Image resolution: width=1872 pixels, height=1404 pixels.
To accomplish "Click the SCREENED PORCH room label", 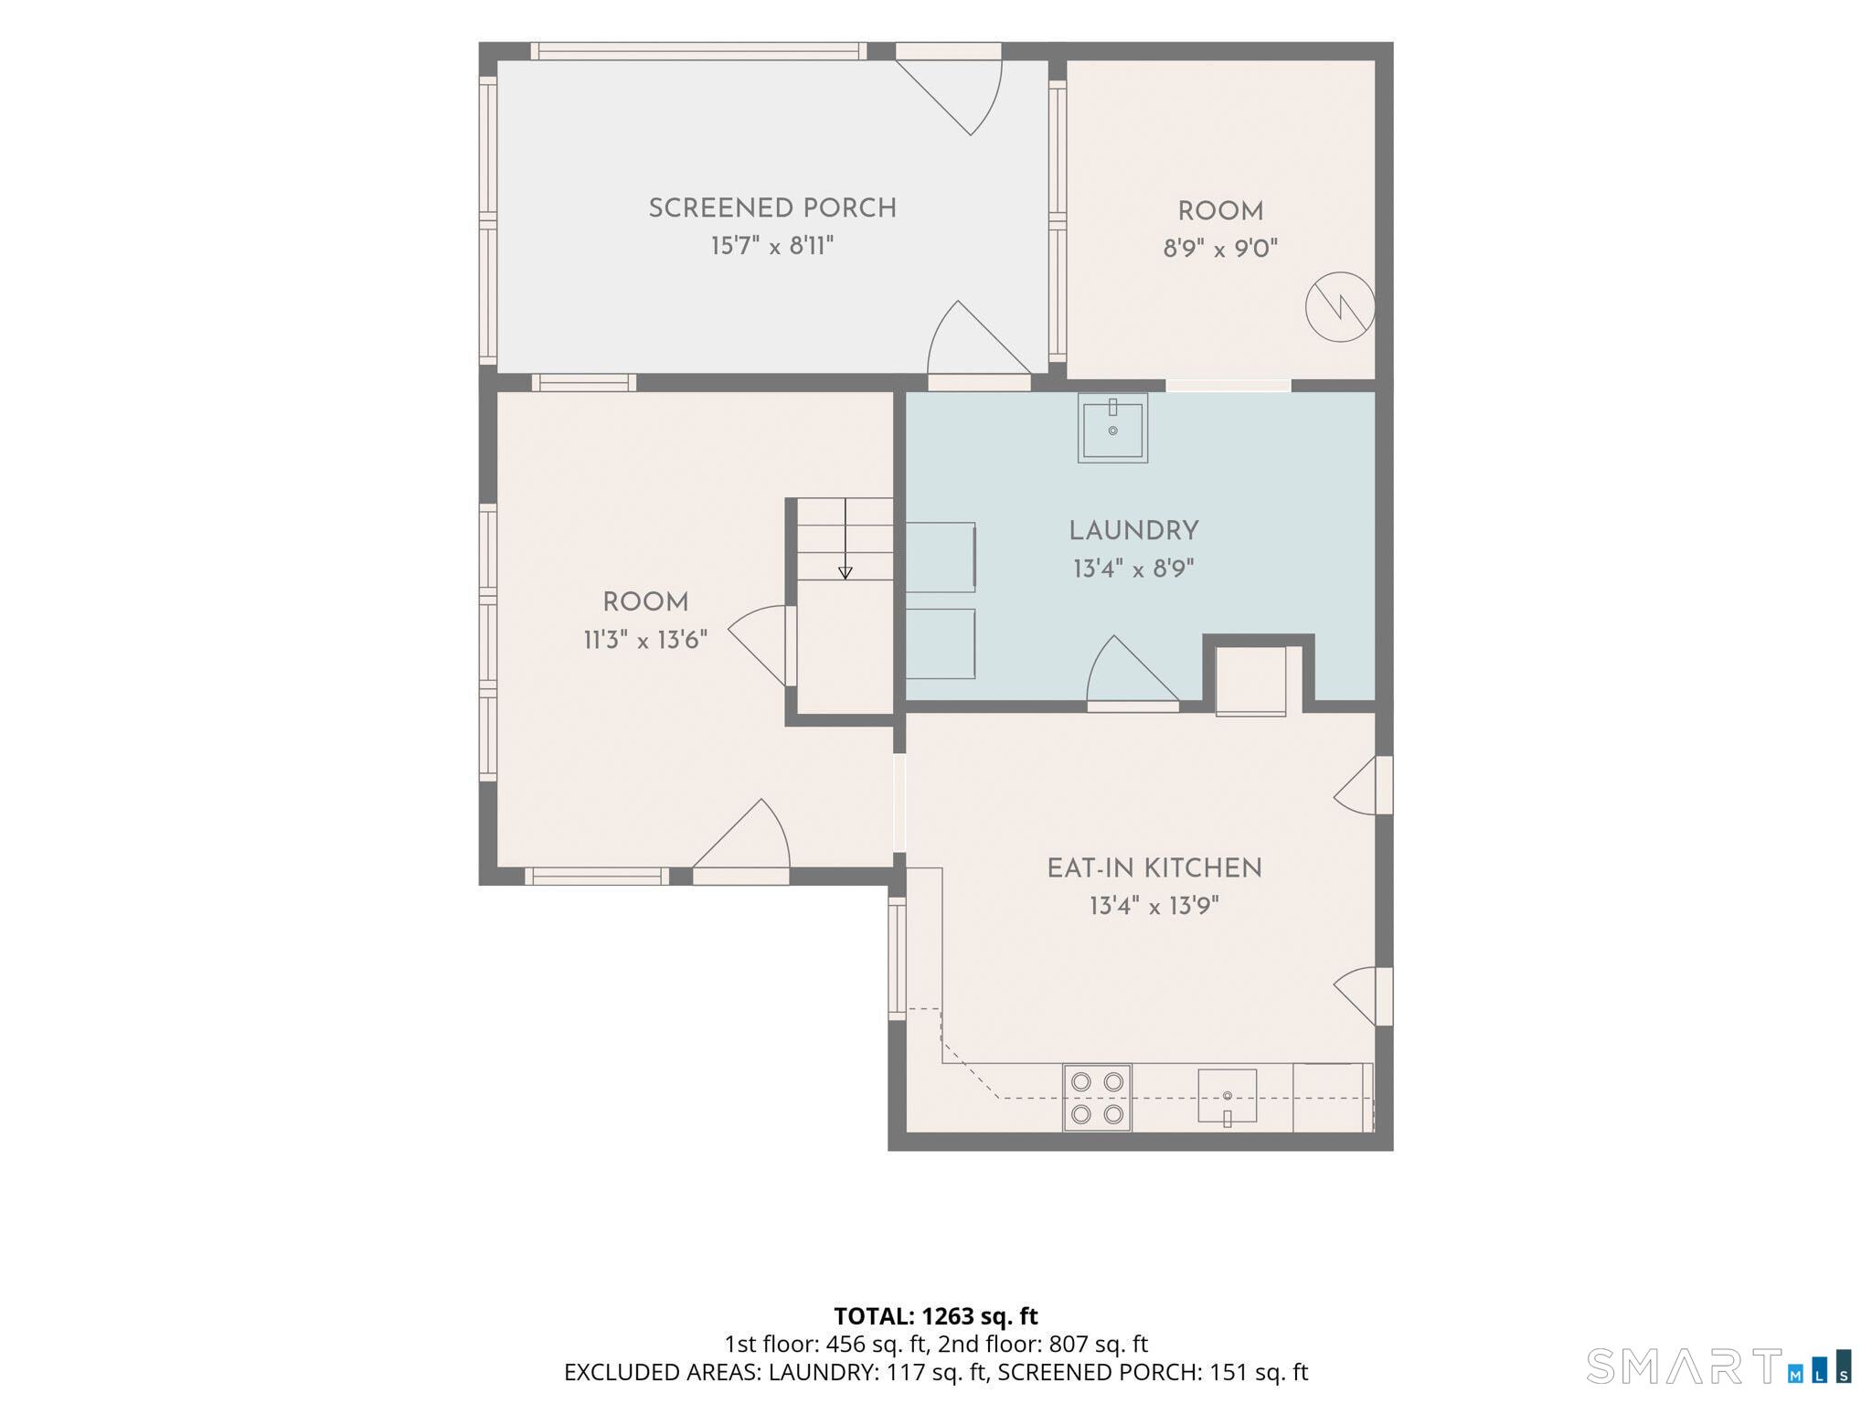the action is pos(772,208).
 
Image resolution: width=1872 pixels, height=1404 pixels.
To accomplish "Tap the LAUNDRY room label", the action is pos(1133,531).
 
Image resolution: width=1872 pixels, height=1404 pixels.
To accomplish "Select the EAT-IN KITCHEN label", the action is pos(1154,868).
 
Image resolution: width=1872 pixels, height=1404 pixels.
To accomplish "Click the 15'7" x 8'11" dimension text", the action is pos(772,246).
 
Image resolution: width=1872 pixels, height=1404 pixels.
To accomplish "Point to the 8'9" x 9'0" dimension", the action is pos(1220,249).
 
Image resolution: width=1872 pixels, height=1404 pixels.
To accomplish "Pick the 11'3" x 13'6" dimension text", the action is pos(645,640).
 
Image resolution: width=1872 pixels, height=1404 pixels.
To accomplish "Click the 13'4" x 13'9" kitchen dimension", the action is pos(1154,907).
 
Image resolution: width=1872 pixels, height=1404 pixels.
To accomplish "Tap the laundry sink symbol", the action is pos(1112,428).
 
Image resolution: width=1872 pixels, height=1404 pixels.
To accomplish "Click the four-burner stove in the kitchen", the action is pos(1097,1098).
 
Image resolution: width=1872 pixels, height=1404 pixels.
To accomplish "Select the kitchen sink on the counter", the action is pos(1227,1096).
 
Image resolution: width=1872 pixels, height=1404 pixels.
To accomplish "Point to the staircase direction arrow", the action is pos(846,539).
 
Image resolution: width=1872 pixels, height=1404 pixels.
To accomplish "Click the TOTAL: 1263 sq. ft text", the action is pos(936,1316).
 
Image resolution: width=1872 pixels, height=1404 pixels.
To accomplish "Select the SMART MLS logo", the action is pos(1719,1366).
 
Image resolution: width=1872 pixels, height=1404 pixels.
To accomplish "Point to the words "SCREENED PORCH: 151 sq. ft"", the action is pos(1153,1373).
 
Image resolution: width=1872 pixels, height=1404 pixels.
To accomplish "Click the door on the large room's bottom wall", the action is pos(741,842).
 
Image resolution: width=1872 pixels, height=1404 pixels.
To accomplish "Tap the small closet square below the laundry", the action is pos(1250,681).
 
